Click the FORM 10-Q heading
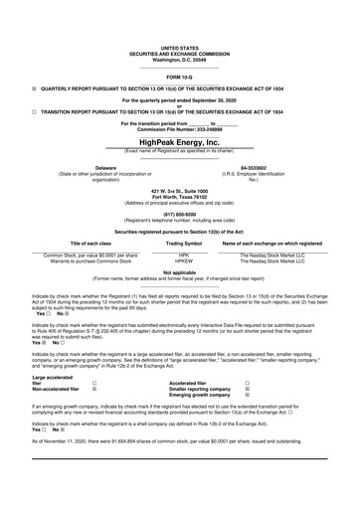[180, 76]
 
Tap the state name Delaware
[104, 168]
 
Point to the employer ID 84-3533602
[255, 168]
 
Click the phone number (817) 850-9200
[180, 211]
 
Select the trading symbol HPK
[183, 254]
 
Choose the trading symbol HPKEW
[183, 260]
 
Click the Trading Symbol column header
[183, 243]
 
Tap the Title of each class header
[91, 243]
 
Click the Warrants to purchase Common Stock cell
[91, 260]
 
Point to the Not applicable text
[180, 271]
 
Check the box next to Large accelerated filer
[94, 382]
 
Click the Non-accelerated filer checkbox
[94, 389]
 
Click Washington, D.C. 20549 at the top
[180, 59]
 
